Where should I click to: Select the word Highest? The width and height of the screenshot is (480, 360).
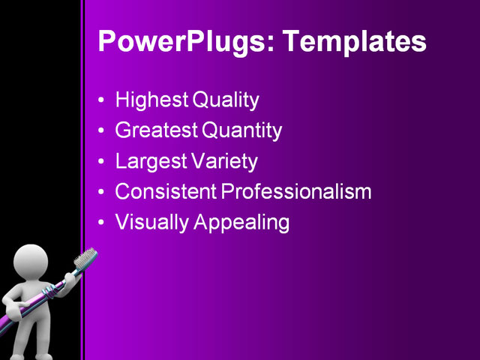(152, 100)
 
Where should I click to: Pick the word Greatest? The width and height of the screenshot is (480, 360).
(157, 130)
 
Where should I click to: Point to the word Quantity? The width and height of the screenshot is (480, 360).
(241, 131)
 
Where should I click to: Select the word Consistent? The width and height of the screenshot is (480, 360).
(165, 191)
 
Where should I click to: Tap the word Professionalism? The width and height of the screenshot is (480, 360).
(296, 191)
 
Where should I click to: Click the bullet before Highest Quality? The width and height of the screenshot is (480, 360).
(102, 100)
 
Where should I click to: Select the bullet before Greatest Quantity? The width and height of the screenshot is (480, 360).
(102, 131)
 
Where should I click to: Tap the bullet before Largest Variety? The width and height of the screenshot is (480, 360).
(102, 161)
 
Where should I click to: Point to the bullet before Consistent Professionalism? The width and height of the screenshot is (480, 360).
(102, 192)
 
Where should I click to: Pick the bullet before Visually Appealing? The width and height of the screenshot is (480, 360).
(102, 223)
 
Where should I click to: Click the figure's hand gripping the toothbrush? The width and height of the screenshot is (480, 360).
(68, 279)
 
